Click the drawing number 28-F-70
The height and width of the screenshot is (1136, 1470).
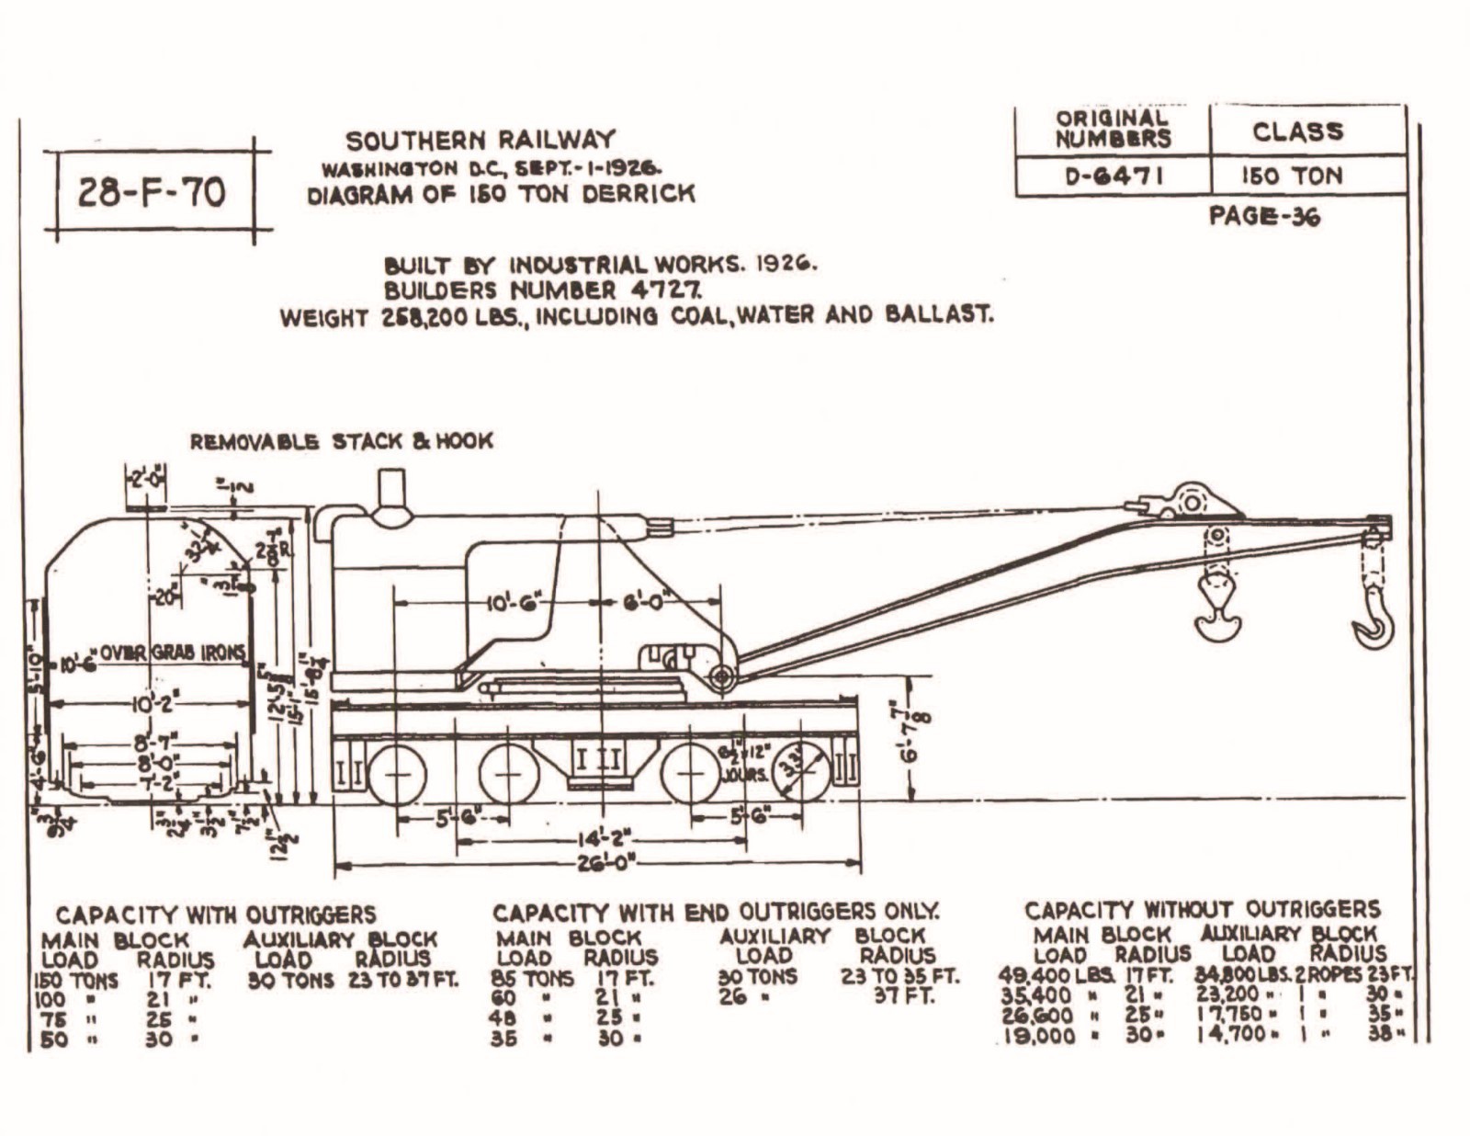coord(152,193)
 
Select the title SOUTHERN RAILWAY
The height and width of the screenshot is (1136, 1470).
coord(480,141)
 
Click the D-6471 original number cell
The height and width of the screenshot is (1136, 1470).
coord(1114,176)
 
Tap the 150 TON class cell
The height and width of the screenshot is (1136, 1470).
coord(1292,176)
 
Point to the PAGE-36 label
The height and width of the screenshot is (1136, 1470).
coord(1264,217)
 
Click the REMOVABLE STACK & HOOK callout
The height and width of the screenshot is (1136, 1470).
coord(341,441)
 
